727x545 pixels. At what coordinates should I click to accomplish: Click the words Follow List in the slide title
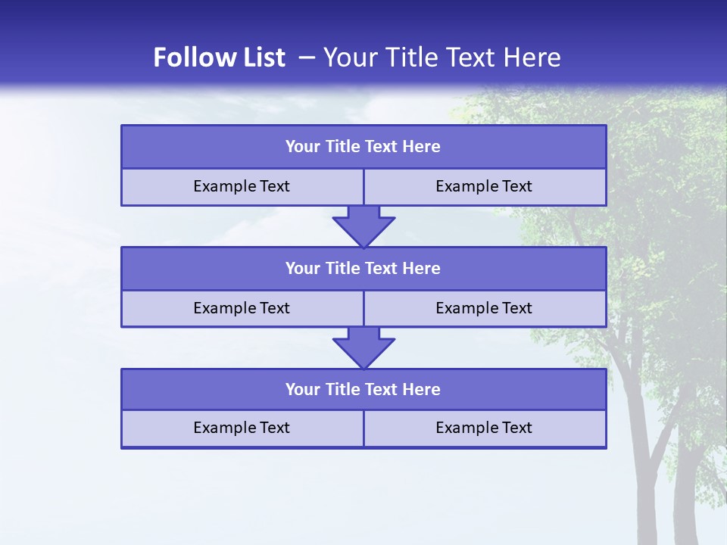[x=219, y=58]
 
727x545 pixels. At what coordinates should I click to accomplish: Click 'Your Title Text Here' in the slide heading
[x=442, y=58]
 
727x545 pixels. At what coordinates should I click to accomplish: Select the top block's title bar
[x=363, y=147]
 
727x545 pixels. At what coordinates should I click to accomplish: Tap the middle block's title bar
[x=363, y=268]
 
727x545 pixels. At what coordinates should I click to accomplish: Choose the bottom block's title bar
[x=363, y=389]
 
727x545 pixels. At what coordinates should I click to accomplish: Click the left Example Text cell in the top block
[x=242, y=186]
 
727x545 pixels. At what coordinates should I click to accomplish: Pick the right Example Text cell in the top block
[x=484, y=186]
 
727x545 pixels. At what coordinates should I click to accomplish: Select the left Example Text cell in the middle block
[x=242, y=308]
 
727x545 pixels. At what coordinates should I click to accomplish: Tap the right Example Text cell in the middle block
[x=484, y=308]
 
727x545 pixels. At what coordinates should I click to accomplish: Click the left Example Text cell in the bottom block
[x=242, y=428]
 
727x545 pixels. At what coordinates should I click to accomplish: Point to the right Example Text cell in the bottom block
[x=484, y=428]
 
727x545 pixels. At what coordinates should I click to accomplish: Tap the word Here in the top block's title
[x=422, y=147]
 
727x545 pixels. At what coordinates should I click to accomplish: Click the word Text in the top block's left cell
[x=275, y=186]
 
